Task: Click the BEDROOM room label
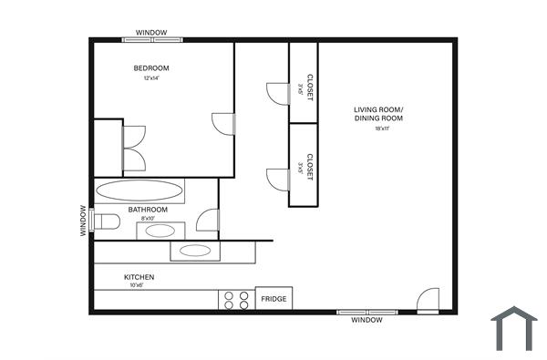click(x=151, y=68)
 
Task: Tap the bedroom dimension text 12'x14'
click(x=151, y=78)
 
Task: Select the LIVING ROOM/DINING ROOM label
click(x=378, y=114)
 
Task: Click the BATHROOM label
click(x=148, y=210)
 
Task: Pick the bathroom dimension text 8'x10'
click(x=149, y=219)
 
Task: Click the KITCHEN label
click(x=139, y=277)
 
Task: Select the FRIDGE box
click(x=273, y=299)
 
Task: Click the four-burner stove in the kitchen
click(x=236, y=300)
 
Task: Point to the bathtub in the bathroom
click(x=140, y=190)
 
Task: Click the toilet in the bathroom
click(x=108, y=221)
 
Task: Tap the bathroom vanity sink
click(x=160, y=231)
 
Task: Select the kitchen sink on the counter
click(x=195, y=251)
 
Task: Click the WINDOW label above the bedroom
click(x=151, y=33)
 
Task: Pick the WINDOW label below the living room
click(x=367, y=321)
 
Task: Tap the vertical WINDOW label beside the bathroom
click(x=83, y=221)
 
